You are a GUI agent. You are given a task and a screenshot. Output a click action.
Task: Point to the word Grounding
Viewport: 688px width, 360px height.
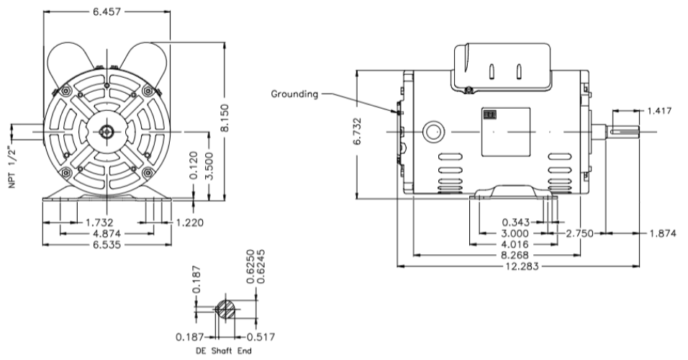(294, 94)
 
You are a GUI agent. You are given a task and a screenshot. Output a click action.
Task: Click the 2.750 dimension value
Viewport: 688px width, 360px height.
(582, 233)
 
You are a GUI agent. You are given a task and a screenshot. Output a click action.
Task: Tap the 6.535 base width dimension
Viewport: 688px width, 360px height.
(107, 245)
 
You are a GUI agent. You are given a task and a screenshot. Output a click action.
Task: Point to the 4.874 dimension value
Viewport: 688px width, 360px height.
(107, 234)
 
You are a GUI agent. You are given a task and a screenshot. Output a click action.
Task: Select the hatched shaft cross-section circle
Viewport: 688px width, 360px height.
(225, 309)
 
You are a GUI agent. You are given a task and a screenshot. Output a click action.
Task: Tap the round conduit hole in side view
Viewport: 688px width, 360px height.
(434, 132)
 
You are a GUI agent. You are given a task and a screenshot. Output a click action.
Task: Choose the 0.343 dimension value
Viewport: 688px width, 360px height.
(517, 222)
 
